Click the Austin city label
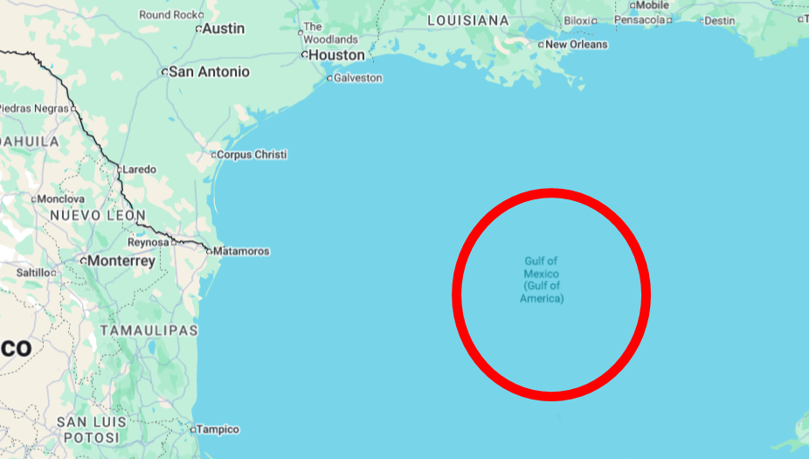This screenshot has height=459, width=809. (224, 29)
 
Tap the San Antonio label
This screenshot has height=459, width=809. (209, 72)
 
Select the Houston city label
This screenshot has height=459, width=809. (336, 55)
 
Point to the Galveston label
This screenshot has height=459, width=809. (358, 78)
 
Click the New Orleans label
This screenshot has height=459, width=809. (576, 45)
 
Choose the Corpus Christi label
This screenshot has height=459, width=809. (252, 155)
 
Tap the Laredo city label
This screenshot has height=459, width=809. (140, 170)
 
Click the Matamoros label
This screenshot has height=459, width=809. (241, 252)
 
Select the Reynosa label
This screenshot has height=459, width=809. (148, 242)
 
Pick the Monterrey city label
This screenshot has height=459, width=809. (121, 261)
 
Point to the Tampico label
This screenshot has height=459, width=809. (218, 429)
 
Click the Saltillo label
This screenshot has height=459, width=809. (34, 273)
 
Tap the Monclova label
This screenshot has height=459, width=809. (60, 199)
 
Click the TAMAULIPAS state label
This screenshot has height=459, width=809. (149, 330)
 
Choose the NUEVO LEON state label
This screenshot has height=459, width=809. (97, 215)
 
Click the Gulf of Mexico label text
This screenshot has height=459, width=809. (542, 280)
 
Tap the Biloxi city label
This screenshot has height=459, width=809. (577, 20)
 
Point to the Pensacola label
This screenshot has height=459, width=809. (639, 19)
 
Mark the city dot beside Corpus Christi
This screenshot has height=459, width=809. (213, 155)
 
